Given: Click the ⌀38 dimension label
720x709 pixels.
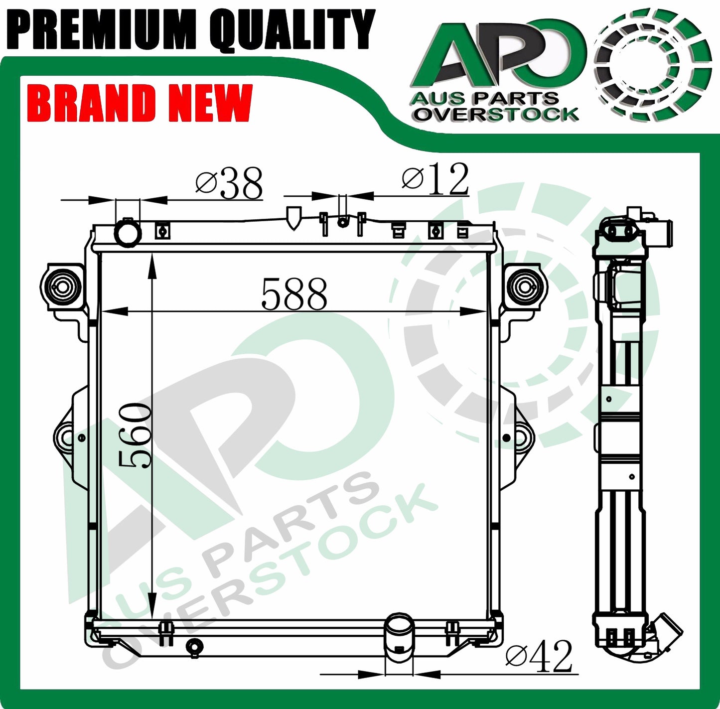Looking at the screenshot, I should tap(229, 183).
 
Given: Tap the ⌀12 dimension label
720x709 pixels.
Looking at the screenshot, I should tap(435, 179).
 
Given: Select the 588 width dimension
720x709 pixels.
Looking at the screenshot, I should tap(294, 294).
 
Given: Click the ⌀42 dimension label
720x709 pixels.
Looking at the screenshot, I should tap(539, 656).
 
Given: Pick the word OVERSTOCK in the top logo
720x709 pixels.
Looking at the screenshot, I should tap(496, 114).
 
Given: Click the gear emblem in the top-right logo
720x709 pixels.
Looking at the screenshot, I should tap(652, 64).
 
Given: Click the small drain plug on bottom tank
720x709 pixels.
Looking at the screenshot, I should tap(194, 647).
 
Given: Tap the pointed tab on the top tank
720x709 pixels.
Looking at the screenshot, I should tap(293, 218).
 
